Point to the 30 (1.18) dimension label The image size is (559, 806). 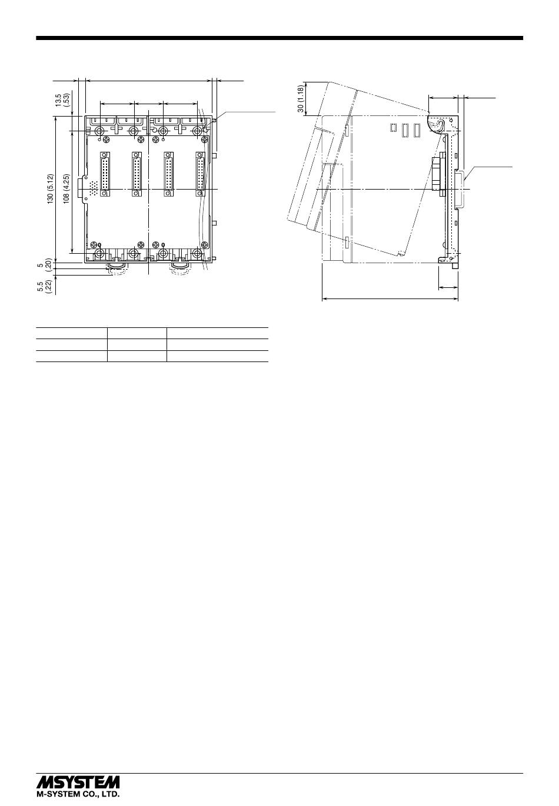tap(301, 98)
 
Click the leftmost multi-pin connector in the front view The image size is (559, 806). tap(105, 174)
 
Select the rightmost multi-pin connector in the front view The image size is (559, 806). tap(200, 174)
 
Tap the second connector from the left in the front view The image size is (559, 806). tap(137, 174)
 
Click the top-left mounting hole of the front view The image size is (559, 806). tap(99, 130)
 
